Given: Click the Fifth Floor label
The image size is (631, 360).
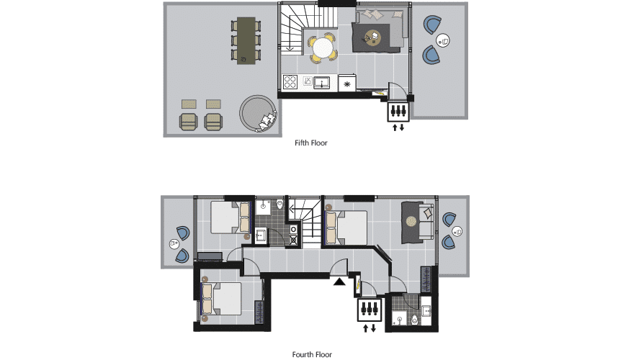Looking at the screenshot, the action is point(310,143).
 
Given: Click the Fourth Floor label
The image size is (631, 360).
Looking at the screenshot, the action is point(312,354).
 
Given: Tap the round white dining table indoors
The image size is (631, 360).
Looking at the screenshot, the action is point(323,48).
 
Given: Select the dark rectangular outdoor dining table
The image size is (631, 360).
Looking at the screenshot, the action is point(246,40).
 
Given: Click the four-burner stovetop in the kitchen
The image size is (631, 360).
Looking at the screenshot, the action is point(290,81).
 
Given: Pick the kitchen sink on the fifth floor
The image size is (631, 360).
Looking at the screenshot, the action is point(321,83).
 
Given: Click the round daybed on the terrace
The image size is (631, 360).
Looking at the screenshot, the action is point(259,113).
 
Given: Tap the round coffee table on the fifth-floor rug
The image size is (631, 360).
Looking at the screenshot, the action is point(373,38).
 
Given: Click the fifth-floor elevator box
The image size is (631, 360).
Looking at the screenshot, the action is point(398,112).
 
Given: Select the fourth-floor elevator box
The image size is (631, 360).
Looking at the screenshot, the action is point(369,310).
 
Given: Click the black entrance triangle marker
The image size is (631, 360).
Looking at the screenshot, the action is point(339,282).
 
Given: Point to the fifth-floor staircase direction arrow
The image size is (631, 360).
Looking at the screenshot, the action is point(290,49).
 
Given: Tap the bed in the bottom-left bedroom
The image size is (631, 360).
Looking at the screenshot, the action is point(221,299).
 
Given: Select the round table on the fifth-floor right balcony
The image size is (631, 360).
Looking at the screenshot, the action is point(443,40).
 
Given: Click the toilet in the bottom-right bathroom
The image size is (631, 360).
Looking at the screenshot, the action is point(414,320).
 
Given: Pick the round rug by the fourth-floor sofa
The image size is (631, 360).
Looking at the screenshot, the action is point(411,222).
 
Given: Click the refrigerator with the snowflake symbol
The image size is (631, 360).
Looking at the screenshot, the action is point(347,84).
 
